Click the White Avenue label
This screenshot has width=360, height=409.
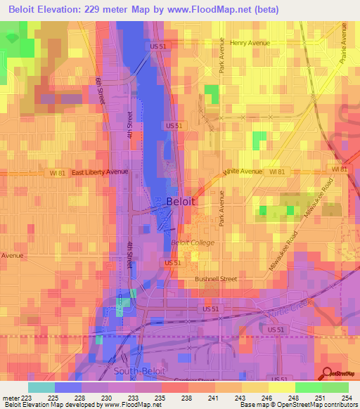pyautogui.click(x=242, y=171)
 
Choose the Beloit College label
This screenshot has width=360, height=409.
pyautogui.click(x=193, y=243)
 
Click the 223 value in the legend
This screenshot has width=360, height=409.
pyautogui.click(x=27, y=397)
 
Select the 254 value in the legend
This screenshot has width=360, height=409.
pyautogui.click(x=347, y=397)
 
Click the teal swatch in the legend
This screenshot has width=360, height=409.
pyautogui.click(x=41, y=387)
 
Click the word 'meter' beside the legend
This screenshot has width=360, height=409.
pyautogui.click(x=10, y=397)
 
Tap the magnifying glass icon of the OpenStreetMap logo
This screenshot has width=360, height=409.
pyautogui.click(x=327, y=374)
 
